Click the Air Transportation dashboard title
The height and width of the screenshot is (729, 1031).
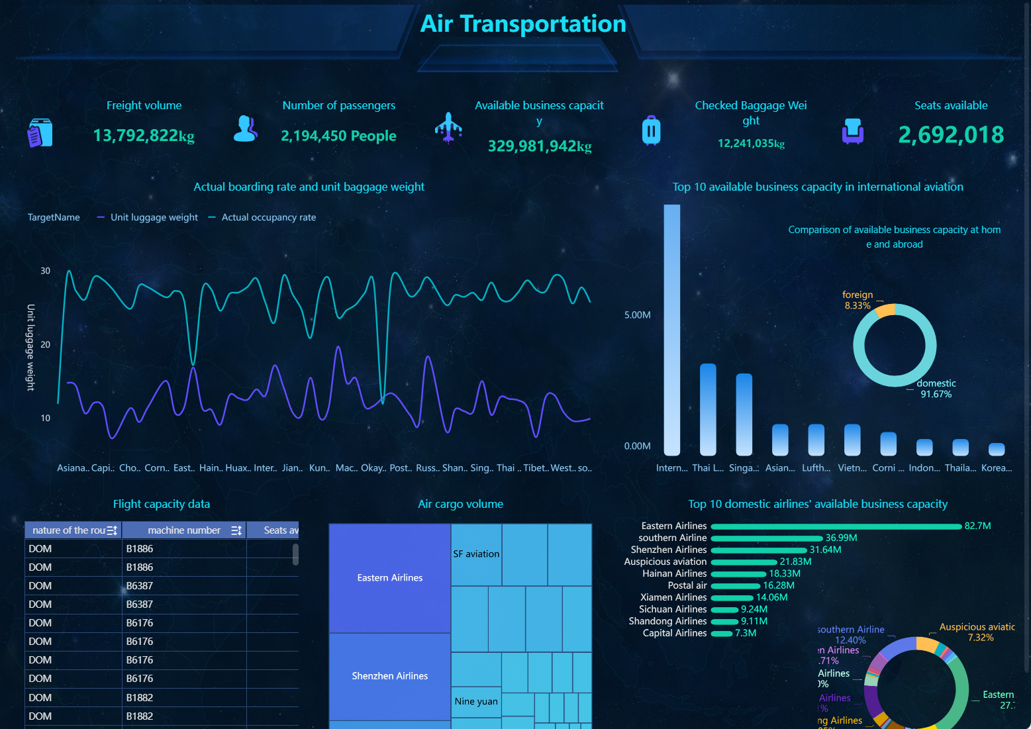pos(523,24)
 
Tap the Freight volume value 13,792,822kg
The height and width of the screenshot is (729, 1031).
pos(144,136)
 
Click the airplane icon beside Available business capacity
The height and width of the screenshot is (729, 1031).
pos(448,127)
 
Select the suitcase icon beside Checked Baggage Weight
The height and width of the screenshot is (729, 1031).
pos(651,130)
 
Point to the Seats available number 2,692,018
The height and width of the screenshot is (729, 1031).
pos(951,135)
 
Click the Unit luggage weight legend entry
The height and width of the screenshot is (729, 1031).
pos(148,217)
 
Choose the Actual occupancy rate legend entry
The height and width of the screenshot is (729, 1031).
pos(262,217)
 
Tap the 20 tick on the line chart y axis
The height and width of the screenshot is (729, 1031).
pos(45,344)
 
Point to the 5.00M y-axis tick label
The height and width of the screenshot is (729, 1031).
pos(637,315)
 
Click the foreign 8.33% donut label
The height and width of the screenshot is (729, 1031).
pos(858,300)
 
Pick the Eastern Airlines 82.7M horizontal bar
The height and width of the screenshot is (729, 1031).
pos(836,526)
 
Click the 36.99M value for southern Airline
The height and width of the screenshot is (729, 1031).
pos(841,538)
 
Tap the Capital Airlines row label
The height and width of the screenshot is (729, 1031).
pos(675,634)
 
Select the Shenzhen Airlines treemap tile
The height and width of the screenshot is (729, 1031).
pos(389,676)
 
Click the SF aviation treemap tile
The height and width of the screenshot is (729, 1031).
pos(476,554)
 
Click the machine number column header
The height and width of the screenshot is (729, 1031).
pos(184,530)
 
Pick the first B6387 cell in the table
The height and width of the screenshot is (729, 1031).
pos(140,586)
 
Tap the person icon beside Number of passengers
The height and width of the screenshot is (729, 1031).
pos(246,128)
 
